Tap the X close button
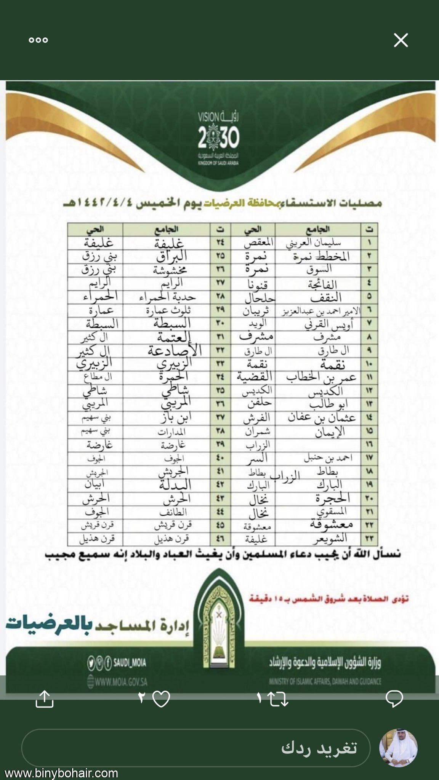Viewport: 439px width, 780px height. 401,40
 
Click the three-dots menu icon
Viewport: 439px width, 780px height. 38,40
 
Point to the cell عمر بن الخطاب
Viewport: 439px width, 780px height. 321,377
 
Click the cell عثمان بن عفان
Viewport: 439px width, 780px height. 321,418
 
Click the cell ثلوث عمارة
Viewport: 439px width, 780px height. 168,310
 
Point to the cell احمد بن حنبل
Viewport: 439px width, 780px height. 328,458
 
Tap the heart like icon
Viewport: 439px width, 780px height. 160,699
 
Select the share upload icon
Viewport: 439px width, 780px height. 44,699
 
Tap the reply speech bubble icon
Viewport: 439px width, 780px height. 394,699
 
